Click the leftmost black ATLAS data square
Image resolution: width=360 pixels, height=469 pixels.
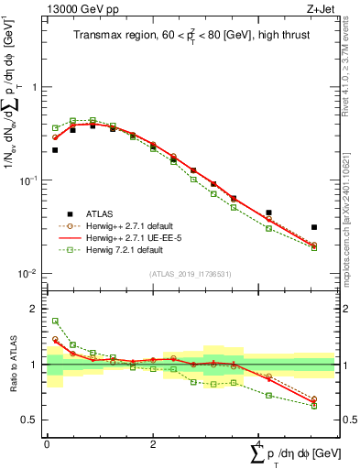coord(55,149)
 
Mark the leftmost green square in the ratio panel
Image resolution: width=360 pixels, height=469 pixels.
coord(55,322)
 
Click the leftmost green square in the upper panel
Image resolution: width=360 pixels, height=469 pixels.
coord(55,128)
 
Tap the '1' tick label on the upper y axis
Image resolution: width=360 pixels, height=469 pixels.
coord(35,88)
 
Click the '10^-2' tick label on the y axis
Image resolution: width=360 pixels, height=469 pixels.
coord(30,274)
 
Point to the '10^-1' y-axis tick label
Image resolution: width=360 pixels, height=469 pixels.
coord(30,180)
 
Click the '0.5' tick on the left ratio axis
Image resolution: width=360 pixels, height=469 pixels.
coord(31,420)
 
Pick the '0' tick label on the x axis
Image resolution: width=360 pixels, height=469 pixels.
coord(47,444)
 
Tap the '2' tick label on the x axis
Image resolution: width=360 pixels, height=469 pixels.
coord(152,444)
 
